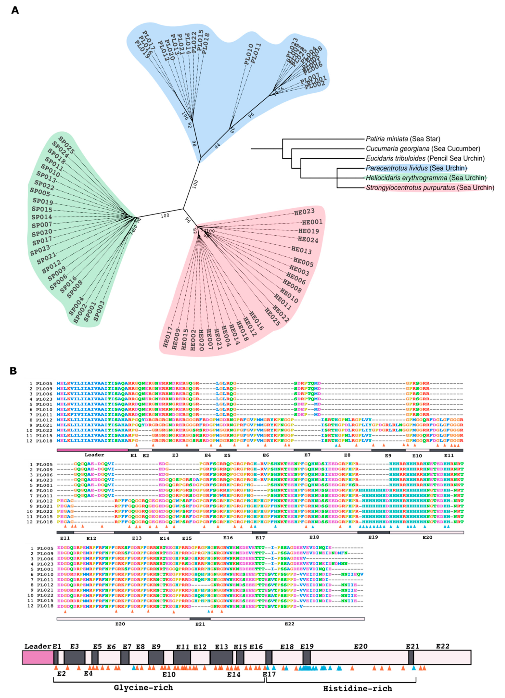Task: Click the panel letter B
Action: coord(13,371)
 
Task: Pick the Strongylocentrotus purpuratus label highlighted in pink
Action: coord(430,188)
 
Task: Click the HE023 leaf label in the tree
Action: coord(304,211)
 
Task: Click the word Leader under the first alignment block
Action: coord(94,455)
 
